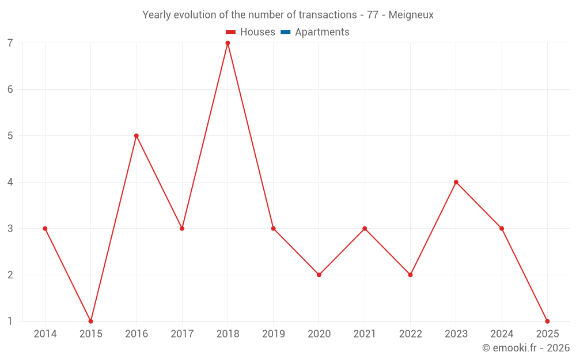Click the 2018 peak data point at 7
(x=228, y=43)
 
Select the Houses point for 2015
(x=90, y=321)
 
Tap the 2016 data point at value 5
(x=137, y=136)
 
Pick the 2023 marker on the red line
(x=456, y=182)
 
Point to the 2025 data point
(x=547, y=321)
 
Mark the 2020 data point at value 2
(x=319, y=275)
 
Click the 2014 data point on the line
(x=45, y=229)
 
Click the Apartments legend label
(x=322, y=32)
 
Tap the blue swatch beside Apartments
(x=285, y=32)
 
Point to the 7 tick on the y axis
(x=10, y=43)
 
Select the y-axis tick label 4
(x=10, y=182)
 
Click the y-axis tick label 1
(x=10, y=321)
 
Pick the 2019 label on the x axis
(x=273, y=334)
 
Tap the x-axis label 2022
(x=410, y=334)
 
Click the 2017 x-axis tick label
(x=182, y=334)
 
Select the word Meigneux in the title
(x=411, y=15)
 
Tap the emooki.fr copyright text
(x=525, y=348)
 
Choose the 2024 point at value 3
(x=502, y=229)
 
